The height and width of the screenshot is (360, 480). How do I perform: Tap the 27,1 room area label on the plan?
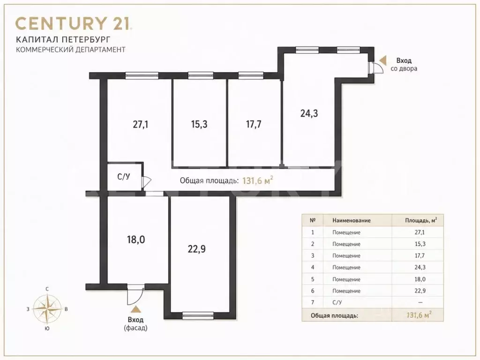pyautogui.click(x=141, y=125)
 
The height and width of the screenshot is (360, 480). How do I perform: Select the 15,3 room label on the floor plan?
pyautogui.click(x=199, y=124)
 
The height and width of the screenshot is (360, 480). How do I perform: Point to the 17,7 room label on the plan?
pyautogui.click(x=254, y=124)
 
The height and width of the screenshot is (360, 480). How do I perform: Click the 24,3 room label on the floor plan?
pyautogui.click(x=309, y=113)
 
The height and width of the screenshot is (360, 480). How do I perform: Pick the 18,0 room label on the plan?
pyautogui.click(x=136, y=240)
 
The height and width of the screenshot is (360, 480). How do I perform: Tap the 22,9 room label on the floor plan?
pyautogui.click(x=196, y=249)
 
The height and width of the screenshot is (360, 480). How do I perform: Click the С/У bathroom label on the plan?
pyautogui.click(x=124, y=177)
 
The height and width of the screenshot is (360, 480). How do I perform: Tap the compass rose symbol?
pyautogui.click(x=46, y=309)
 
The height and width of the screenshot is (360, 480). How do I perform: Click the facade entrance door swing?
pyautogui.click(x=135, y=295)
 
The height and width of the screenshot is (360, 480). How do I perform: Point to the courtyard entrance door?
pyautogui.click(x=375, y=67)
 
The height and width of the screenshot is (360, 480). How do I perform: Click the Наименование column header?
pyautogui.click(x=352, y=220)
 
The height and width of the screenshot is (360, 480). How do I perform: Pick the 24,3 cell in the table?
pyautogui.click(x=420, y=267)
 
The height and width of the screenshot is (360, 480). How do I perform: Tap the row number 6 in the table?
pyautogui.click(x=313, y=291)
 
